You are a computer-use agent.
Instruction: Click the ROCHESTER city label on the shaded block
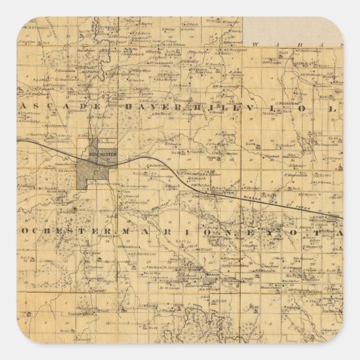89,152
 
